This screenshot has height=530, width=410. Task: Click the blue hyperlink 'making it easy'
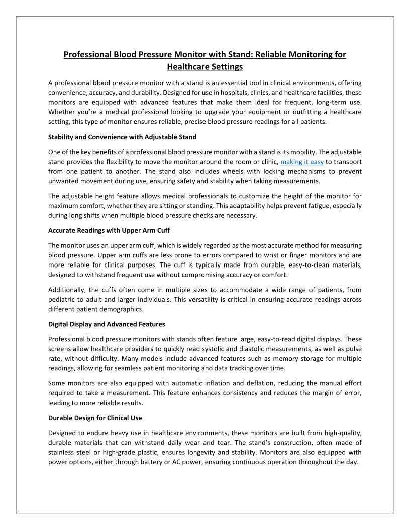coord(302,162)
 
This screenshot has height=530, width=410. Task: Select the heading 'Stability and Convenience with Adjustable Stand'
coord(122,137)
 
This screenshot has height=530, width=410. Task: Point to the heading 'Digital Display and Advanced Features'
coord(107,324)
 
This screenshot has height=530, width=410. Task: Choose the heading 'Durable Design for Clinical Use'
coord(95,418)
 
